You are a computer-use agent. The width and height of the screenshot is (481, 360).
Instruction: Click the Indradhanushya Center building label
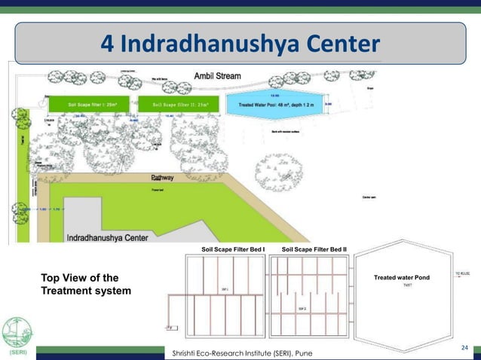pos(110,237)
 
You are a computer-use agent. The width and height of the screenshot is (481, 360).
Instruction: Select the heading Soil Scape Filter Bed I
pos(233,249)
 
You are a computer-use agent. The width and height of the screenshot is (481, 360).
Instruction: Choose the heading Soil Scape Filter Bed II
pos(314,249)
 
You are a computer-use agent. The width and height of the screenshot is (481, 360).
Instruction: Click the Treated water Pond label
pos(401,278)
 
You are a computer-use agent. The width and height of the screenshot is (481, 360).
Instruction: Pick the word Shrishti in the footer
pos(186,353)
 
